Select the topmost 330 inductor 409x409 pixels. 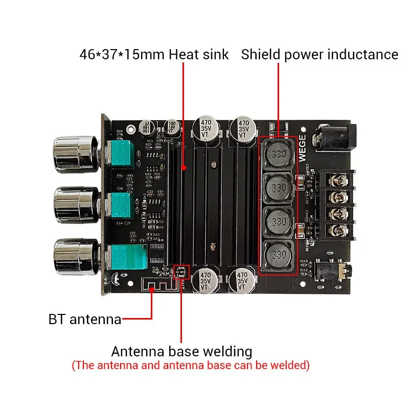[x=278, y=155]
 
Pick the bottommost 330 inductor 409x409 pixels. [x=278, y=255]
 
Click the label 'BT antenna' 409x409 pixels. [x=85, y=320]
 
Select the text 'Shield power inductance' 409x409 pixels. [x=320, y=54]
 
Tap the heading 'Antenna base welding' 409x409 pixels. [x=181, y=352]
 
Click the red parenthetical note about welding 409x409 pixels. [x=190, y=366]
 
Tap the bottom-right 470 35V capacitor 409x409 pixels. [x=240, y=282]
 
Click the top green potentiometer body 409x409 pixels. [x=122, y=154]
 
